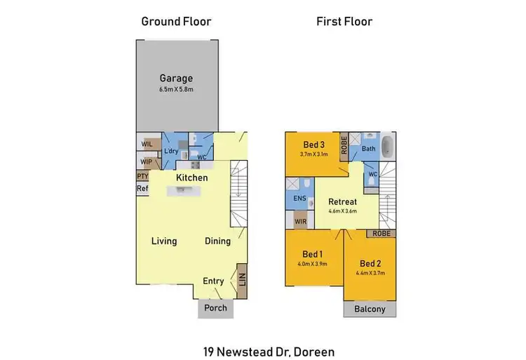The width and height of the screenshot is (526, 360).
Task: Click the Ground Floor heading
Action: click(x=176, y=22)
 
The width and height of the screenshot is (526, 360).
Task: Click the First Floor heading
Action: click(x=344, y=22)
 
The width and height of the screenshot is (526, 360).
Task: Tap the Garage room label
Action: click(x=175, y=79)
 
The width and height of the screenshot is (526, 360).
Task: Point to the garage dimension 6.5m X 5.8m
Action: click(x=175, y=90)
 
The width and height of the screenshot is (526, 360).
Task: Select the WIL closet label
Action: click(x=147, y=144)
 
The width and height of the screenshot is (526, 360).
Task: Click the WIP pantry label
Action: click(x=147, y=161)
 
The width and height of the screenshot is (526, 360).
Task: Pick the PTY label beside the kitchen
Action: click(x=142, y=177)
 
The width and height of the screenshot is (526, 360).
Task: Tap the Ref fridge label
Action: click(x=142, y=188)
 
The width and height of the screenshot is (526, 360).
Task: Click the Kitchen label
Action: click(x=191, y=178)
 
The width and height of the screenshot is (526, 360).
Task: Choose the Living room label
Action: click(x=164, y=241)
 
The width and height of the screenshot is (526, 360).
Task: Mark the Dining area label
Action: click(x=217, y=241)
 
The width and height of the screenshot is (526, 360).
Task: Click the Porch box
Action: click(x=215, y=308)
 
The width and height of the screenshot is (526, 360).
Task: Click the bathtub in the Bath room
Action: click(x=390, y=151)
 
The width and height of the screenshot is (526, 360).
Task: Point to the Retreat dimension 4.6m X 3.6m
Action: click(x=343, y=211)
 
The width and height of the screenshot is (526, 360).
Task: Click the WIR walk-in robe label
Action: click(x=299, y=222)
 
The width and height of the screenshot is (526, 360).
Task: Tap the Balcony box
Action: click(x=370, y=309)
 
